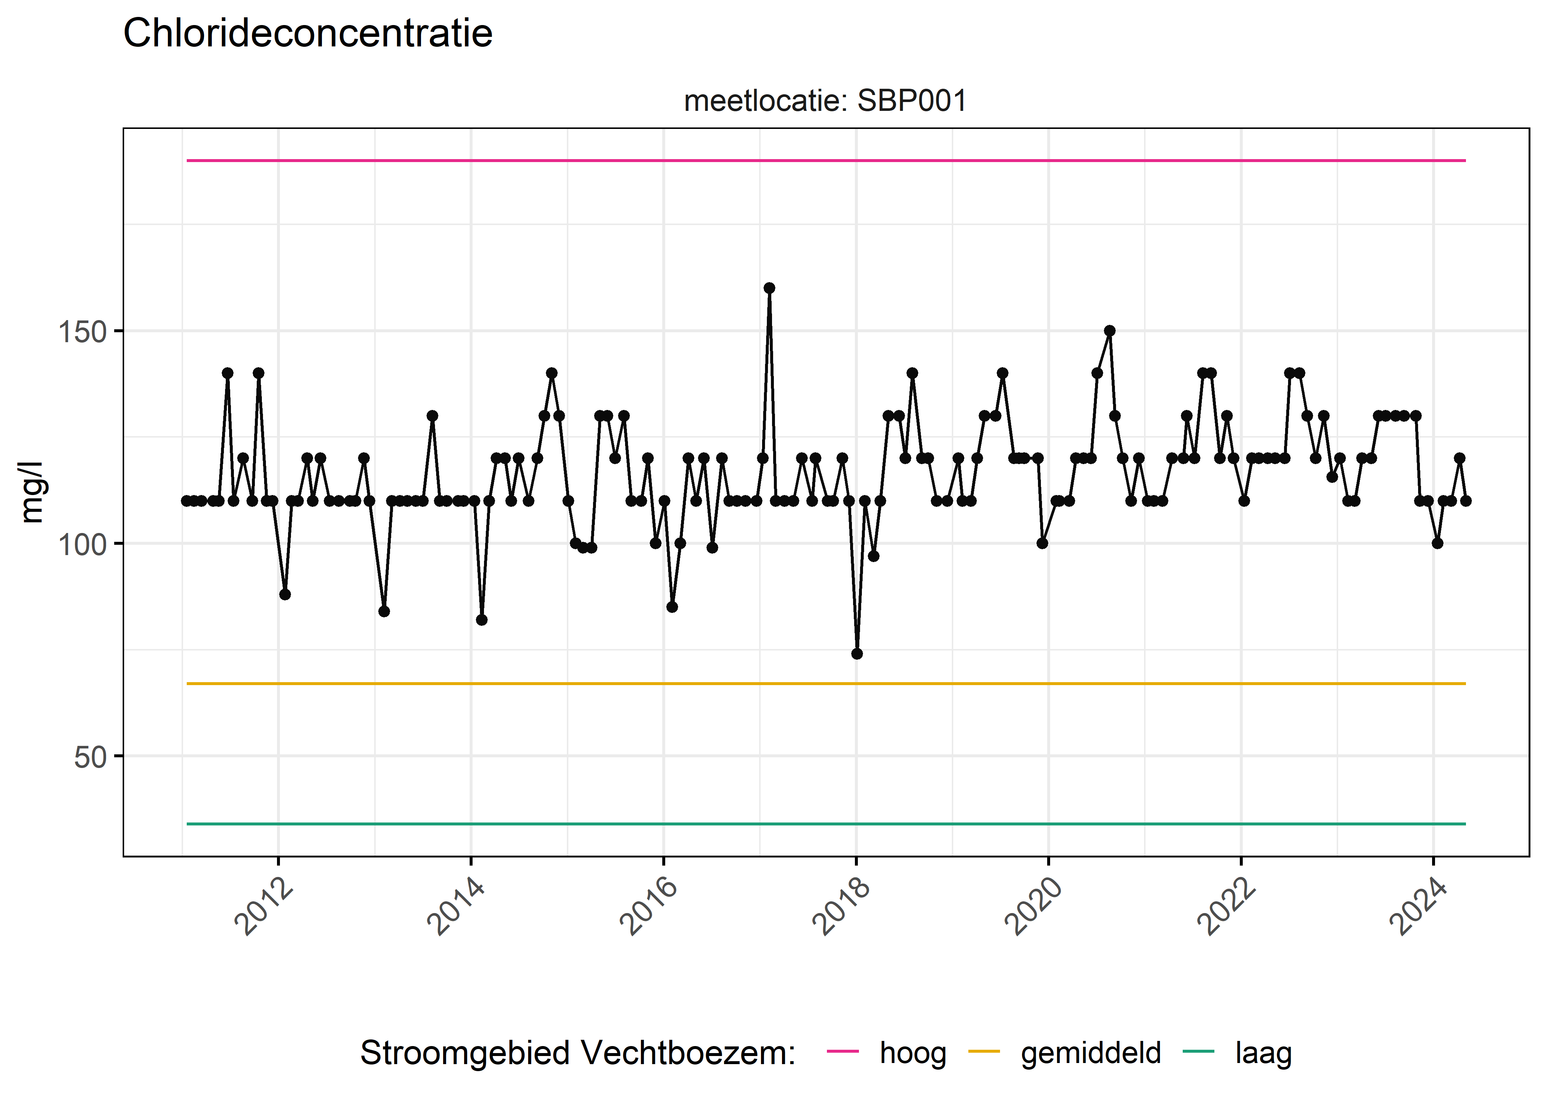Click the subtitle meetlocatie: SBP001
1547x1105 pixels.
[825, 101]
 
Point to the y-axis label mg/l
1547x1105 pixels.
[32, 492]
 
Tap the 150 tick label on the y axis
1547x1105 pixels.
[82, 333]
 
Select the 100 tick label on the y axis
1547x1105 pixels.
[82, 545]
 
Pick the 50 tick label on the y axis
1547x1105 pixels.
[91, 757]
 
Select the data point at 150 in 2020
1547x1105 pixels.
[1109, 331]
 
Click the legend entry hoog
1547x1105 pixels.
[912, 1053]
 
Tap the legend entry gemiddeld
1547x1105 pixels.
[1091, 1053]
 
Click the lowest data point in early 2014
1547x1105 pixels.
[482, 620]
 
